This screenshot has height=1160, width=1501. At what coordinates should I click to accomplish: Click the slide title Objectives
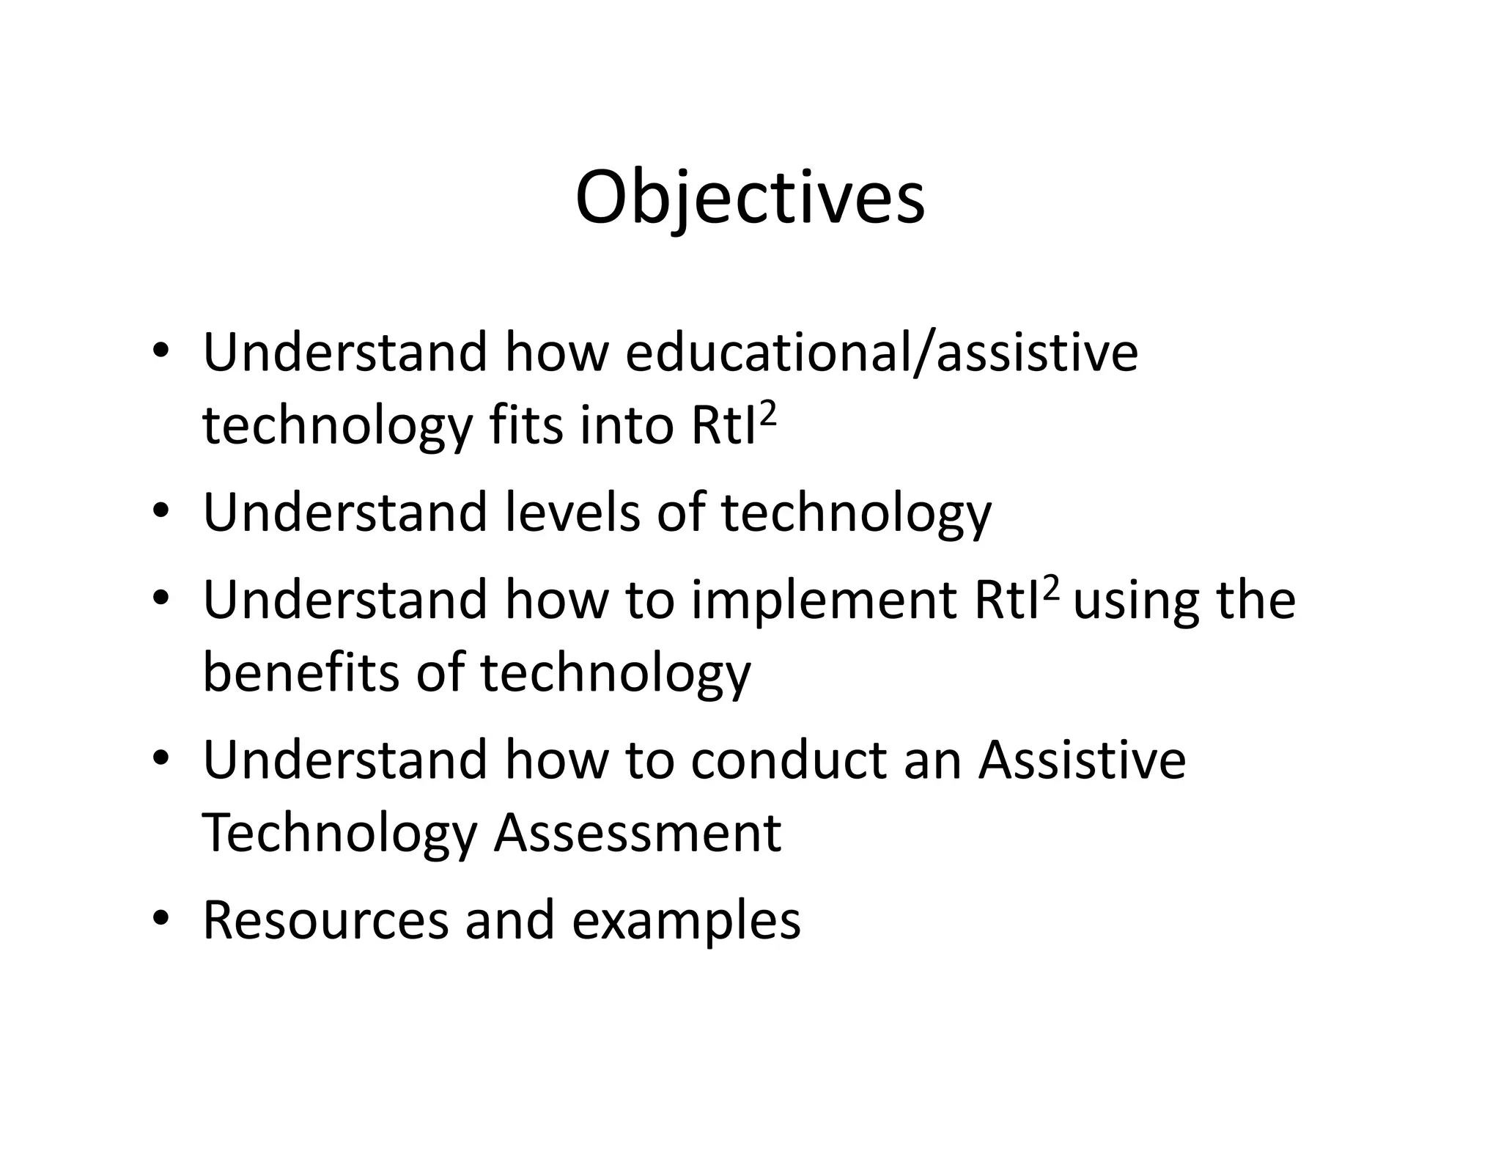pos(750,198)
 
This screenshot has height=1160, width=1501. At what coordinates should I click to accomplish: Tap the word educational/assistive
pos(882,352)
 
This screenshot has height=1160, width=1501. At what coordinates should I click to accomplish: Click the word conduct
pos(789,760)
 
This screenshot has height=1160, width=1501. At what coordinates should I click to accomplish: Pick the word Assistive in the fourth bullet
pos(1082,760)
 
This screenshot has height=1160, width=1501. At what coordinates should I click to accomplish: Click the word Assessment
pos(638,833)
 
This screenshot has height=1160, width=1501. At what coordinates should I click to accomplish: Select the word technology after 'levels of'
pos(855,514)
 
